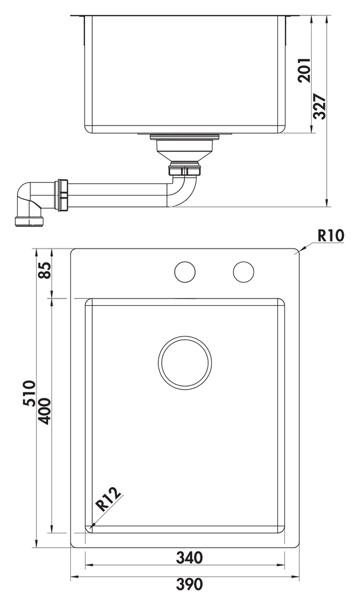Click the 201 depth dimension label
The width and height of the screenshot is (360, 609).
305,70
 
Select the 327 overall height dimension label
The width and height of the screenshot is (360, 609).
320,106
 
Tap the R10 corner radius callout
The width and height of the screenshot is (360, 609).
331,236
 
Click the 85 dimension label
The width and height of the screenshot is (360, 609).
44,270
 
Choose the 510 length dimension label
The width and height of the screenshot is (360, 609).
29,394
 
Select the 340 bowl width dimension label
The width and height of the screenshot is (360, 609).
190,557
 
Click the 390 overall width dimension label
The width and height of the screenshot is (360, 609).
190,584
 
